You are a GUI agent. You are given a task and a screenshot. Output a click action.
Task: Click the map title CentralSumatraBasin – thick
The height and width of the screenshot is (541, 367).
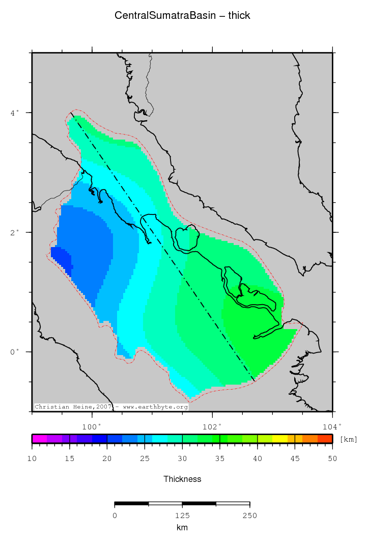(182, 16)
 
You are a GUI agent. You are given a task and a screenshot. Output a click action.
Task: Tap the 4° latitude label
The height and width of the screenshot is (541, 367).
(15, 112)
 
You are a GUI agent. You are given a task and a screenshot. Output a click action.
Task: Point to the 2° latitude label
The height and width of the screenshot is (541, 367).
(15, 232)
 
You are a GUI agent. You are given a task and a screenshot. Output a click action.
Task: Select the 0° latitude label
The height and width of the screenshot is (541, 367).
(15, 352)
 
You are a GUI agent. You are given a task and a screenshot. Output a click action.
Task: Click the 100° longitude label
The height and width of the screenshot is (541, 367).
(92, 427)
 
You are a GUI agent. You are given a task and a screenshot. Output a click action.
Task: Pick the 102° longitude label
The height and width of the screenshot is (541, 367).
(212, 427)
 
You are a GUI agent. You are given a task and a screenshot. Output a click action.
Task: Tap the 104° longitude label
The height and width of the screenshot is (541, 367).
(332, 427)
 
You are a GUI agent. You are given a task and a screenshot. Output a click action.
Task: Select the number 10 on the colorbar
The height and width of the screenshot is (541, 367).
(32, 459)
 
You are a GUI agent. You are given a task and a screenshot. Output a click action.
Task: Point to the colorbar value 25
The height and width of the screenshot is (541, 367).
(145, 459)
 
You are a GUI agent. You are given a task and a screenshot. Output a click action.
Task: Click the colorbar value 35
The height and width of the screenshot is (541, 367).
(220, 459)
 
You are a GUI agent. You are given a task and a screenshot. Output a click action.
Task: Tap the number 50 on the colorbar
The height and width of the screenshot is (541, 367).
(332, 459)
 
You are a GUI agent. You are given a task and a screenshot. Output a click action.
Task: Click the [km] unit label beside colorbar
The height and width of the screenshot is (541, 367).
(348, 439)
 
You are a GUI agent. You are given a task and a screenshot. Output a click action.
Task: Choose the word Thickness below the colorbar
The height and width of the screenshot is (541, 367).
(182, 479)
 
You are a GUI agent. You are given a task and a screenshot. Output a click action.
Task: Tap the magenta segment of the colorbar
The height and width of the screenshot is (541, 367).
(39, 439)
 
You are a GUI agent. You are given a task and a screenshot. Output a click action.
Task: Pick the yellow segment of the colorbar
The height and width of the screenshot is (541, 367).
(280, 439)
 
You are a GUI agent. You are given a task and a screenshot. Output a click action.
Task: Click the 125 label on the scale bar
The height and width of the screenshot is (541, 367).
(182, 516)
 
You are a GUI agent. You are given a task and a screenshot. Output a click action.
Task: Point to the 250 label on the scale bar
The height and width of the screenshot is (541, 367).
(249, 516)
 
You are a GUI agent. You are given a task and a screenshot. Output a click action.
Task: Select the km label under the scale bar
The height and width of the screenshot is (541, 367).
(182, 528)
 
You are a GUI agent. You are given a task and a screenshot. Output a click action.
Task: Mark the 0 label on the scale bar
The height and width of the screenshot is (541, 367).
(115, 516)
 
